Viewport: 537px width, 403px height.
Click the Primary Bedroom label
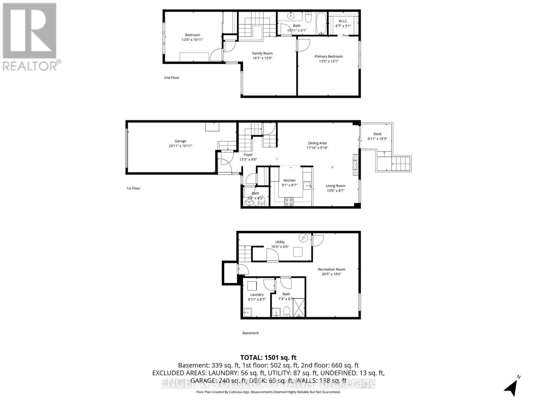[x=329, y=56]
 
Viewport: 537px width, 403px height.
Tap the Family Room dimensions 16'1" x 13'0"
[x=262, y=58]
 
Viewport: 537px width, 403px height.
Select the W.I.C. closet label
[x=343, y=21]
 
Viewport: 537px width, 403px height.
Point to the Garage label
[x=180, y=141]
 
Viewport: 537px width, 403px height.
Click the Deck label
[x=377, y=134]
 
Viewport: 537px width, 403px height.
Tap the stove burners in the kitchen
[x=289, y=201]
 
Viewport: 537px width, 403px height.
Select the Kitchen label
[x=289, y=180]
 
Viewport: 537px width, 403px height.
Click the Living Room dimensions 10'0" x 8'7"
[x=335, y=191]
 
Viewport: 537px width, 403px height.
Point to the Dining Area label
[x=317, y=143]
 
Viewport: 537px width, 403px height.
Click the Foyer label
[x=248, y=155]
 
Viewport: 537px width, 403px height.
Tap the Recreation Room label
[x=331, y=269]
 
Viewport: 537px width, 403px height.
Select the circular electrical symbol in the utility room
[x=304, y=238]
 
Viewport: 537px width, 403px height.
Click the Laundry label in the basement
[x=257, y=295]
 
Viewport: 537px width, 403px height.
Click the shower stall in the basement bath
[x=299, y=307]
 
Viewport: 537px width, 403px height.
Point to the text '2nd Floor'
[x=172, y=78]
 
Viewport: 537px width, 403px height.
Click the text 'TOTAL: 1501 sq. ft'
[x=268, y=358]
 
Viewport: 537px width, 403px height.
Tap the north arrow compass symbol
[x=511, y=387]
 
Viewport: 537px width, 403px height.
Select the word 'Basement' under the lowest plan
[x=250, y=333]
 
